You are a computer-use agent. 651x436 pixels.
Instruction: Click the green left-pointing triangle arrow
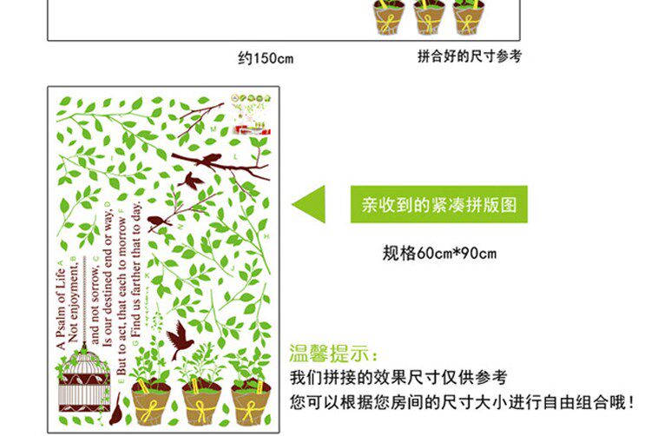(310, 206)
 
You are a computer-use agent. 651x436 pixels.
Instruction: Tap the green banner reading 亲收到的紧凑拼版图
(438, 206)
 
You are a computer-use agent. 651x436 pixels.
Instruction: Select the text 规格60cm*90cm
(439, 254)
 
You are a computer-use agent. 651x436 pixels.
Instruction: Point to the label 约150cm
(266, 59)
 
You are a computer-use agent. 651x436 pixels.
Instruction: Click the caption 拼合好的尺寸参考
(470, 57)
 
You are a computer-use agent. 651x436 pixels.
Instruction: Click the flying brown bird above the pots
(181, 339)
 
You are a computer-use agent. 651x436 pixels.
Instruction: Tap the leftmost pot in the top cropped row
(390, 17)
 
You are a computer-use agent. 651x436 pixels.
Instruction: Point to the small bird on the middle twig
(159, 221)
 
